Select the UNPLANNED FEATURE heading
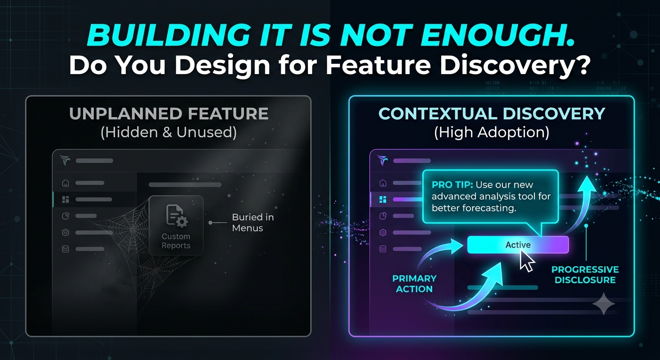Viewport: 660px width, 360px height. point(169,114)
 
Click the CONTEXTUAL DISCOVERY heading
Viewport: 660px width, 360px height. point(492,114)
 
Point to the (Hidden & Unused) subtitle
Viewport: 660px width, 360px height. point(169,132)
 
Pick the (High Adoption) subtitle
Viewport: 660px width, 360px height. point(492,132)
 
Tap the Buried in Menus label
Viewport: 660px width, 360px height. point(253,223)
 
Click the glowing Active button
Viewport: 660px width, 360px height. point(518,245)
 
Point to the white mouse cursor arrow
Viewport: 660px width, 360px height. point(526,261)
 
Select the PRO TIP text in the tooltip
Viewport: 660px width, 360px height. point(452,185)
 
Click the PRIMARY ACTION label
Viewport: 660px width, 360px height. point(414,284)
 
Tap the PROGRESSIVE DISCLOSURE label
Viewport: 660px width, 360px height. point(585,275)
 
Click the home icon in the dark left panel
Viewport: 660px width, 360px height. point(66,183)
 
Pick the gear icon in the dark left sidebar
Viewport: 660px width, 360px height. point(66,232)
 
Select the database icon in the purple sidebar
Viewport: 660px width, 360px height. point(383,249)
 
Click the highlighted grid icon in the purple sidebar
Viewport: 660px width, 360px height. point(383,199)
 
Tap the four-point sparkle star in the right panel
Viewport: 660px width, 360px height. point(603,304)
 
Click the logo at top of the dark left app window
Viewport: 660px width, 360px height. point(65,160)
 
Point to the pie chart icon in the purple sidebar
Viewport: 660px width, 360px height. point(383,216)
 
